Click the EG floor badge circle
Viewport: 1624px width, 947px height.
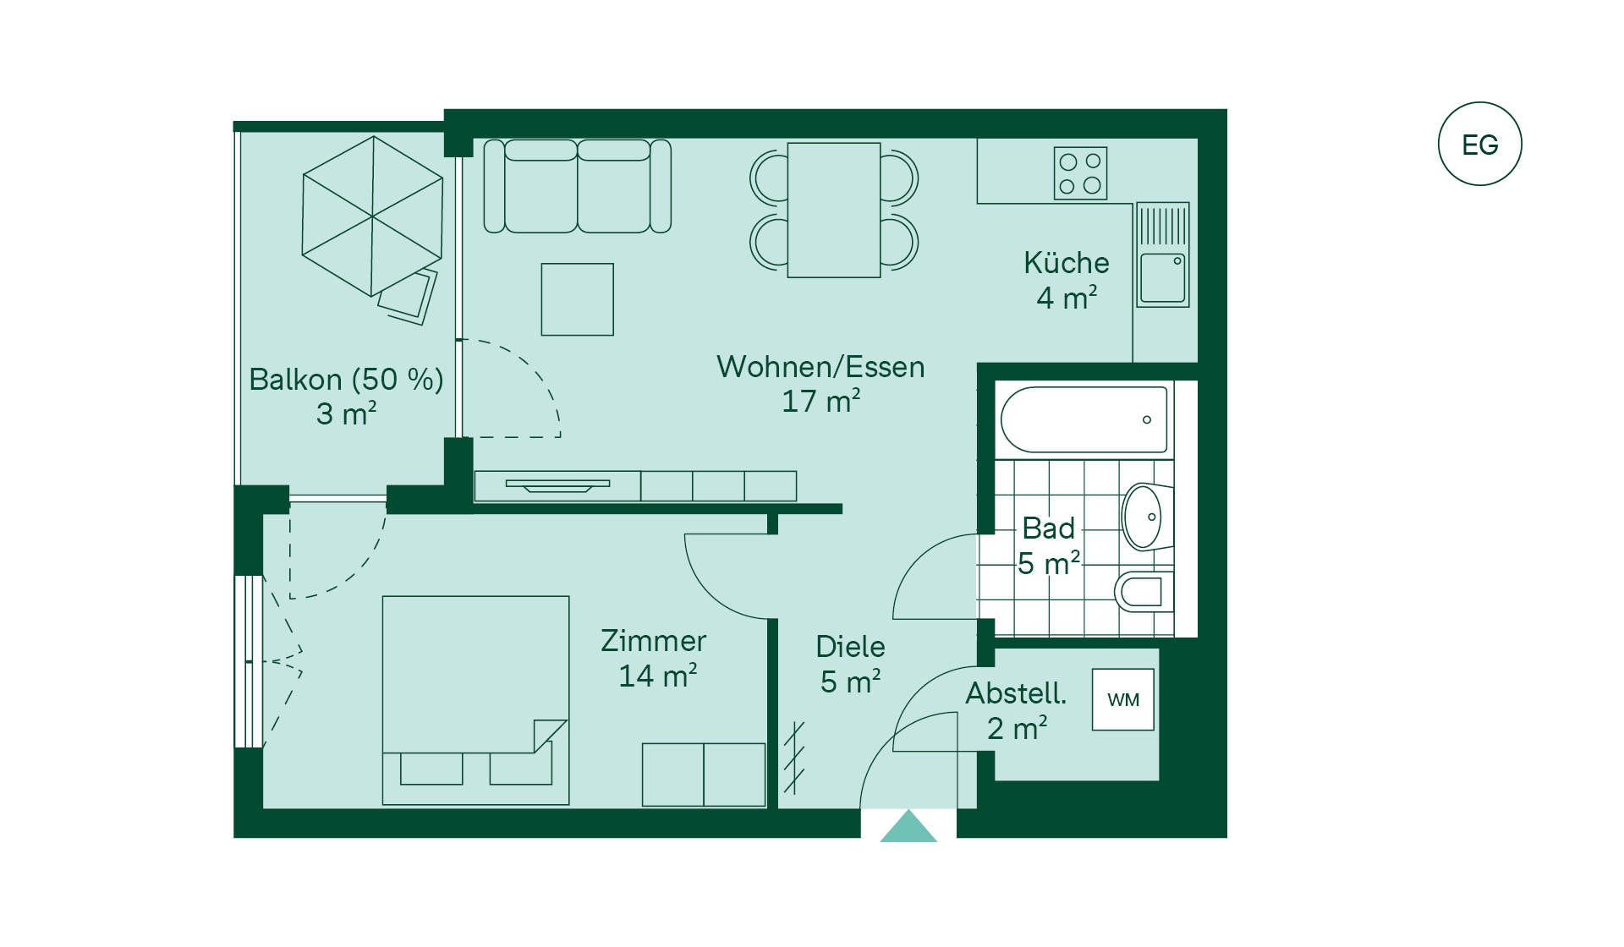tap(1479, 144)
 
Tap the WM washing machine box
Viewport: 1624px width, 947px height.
tap(1123, 699)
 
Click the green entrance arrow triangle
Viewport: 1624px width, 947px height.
tap(908, 826)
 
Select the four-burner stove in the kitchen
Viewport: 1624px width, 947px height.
tap(1080, 173)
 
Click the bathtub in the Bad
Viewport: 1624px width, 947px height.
tap(1084, 419)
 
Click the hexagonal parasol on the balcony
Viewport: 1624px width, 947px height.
tap(372, 216)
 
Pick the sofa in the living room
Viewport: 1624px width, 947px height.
tap(577, 186)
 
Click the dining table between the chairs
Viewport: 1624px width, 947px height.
tap(834, 210)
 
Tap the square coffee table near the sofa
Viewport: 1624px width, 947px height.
tap(577, 299)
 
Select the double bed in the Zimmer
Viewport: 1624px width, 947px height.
tap(475, 700)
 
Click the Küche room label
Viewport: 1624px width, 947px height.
tap(1067, 263)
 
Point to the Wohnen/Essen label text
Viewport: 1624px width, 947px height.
tap(820, 367)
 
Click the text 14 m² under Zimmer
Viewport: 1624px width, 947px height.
tap(658, 676)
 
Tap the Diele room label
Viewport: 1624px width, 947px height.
tap(850, 647)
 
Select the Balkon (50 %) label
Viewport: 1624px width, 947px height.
tap(346, 380)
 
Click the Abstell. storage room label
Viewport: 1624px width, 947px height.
tap(1016, 693)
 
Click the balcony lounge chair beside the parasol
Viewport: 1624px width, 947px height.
tap(408, 297)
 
